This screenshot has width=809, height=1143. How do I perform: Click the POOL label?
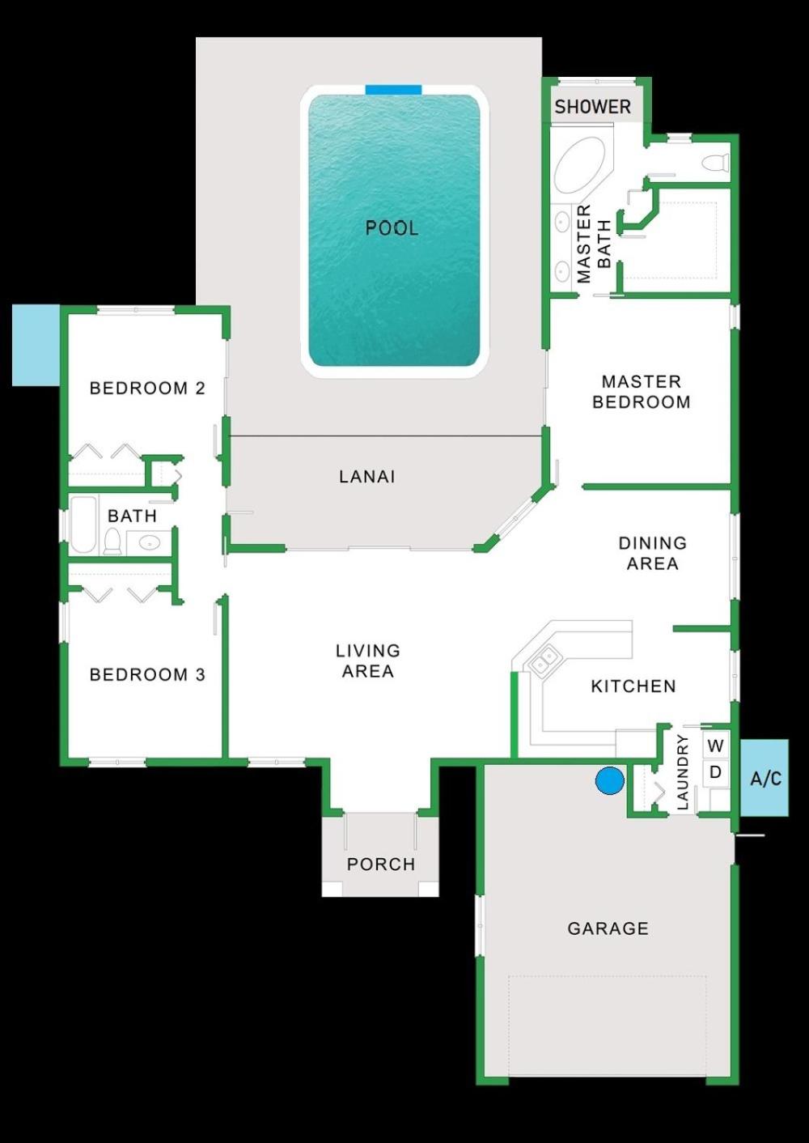pos(392,228)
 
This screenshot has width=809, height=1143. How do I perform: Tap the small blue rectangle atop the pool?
pos(393,90)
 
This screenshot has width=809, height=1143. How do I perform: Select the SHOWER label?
pos(593,107)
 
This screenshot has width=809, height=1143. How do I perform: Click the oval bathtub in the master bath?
pos(579,164)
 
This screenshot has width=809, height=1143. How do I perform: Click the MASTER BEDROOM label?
pos(642,391)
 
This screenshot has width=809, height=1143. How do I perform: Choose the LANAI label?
pos(366,477)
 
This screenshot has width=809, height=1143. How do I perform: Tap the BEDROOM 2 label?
pos(147,389)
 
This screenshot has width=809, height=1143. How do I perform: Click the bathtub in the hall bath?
pos(83,525)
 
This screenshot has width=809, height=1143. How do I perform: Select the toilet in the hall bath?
pos(112,542)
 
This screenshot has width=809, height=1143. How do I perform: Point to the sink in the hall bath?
pos(149,543)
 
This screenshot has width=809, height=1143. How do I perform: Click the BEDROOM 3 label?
pos(147,674)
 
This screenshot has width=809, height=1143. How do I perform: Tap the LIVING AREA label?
pos(368,661)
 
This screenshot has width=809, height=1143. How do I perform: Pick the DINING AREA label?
pos(652,553)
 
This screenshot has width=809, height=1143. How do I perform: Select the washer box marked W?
pos(716,746)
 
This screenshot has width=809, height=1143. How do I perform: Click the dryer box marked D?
pos(716,772)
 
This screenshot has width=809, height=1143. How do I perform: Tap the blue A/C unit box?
pos(765,778)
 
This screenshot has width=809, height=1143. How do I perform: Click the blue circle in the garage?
pos(609,780)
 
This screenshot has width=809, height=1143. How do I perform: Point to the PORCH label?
pos(380,865)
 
